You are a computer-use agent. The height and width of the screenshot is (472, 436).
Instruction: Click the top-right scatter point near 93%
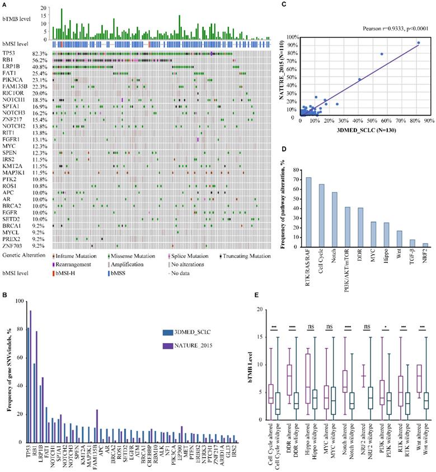click(x=418, y=43)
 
